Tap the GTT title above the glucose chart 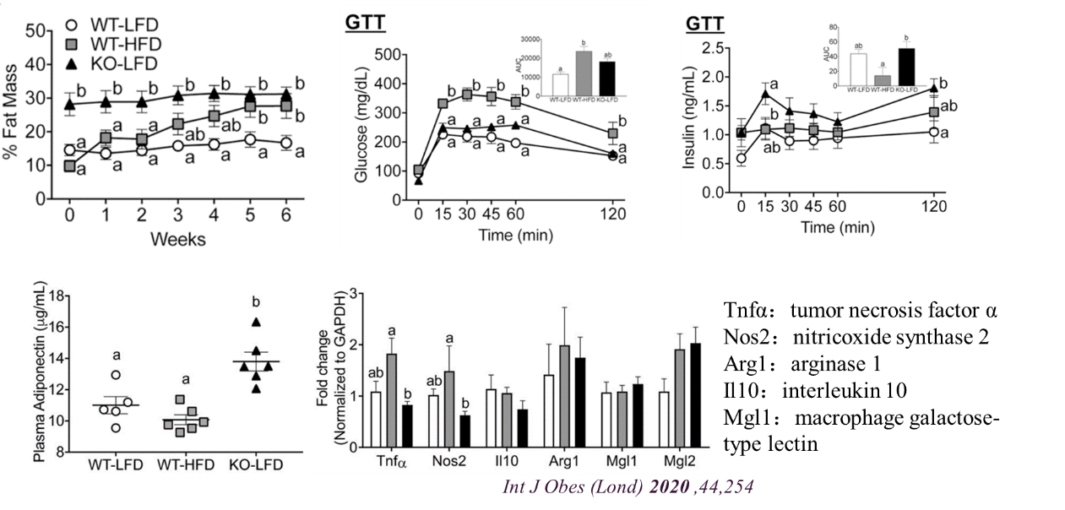366,24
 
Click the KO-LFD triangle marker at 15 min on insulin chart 765,94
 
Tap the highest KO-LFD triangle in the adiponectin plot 255,321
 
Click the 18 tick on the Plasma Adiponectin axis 57,296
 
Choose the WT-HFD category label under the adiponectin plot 181,465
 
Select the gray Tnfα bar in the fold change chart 392,399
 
